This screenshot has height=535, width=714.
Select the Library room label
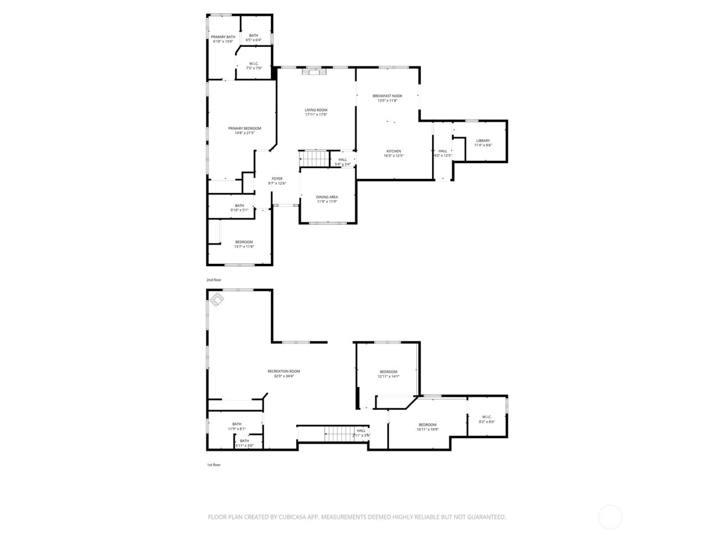483,141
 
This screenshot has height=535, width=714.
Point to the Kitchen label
393,151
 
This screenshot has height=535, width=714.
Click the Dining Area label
327,197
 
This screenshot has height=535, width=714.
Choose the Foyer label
277,179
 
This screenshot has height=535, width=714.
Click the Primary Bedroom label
244,128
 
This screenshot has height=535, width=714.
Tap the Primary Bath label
223,37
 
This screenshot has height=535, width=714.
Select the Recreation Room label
284,371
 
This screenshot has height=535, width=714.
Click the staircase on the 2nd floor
315,159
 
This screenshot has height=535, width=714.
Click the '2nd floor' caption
214,280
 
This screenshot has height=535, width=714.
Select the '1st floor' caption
214,465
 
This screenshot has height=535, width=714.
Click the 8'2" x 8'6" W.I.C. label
487,422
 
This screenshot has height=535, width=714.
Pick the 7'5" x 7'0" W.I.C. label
254,68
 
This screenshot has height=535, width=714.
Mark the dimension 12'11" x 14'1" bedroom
388,377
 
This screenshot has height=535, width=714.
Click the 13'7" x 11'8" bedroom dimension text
244,247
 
